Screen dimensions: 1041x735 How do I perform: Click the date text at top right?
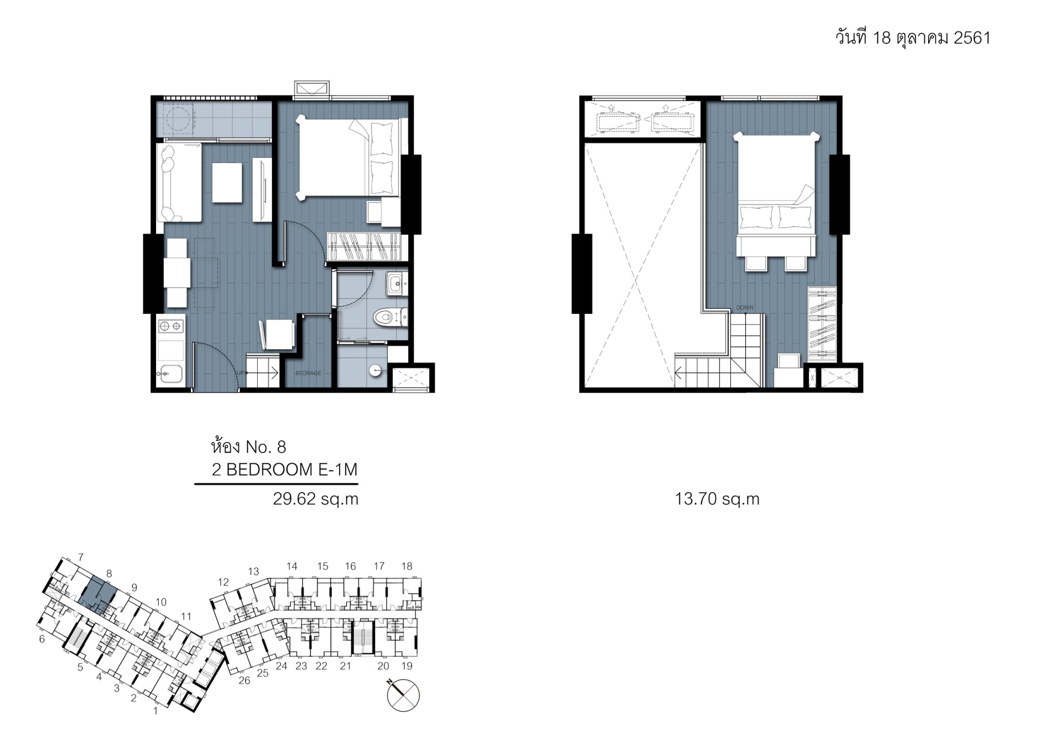pyautogui.click(x=913, y=38)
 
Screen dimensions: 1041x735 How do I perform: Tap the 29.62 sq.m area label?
pyautogui.click(x=316, y=499)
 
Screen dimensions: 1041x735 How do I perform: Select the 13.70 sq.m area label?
pyautogui.click(x=717, y=499)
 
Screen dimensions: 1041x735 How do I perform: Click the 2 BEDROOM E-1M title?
pyautogui.click(x=285, y=470)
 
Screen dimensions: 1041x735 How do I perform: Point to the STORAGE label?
pyautogui.click(x=309, y=373)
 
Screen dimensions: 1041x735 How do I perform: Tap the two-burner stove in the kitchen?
pyautogui.click(x=171, y=325)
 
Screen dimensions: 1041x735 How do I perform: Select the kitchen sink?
pyautogui.click(x=171, y=374)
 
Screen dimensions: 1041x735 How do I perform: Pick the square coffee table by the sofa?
pyautogui.click(x=227, y=182)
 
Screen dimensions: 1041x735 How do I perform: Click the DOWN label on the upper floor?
pyautogui.click(x=745, y=307)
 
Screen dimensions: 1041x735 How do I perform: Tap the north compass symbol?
pyautogui.click(x=403, y=695)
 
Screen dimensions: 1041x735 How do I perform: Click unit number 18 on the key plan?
pyautogui.click(x=407, y=566)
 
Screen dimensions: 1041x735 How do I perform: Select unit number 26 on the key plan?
pyautogui.click(x=244, y=680)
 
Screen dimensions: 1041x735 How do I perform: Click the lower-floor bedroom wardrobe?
pyautogui.click(x=364, y=246)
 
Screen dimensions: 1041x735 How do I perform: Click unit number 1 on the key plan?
pyautogui.click(x=156, y=711)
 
